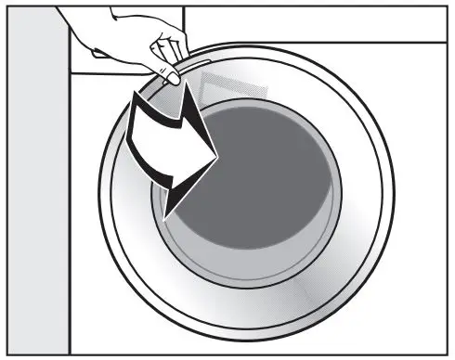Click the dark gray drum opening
coord(269,186)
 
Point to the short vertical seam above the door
coord(182,22)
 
